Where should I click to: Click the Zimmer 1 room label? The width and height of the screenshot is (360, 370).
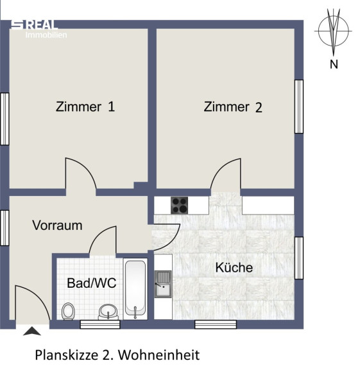(x=85, y=107)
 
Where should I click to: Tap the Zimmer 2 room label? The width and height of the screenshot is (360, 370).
(x=233, y=107)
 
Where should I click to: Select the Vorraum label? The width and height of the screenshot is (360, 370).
(x=57, y=225)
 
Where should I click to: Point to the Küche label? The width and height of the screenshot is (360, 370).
(x=234, y=268)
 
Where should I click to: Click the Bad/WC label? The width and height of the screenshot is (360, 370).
(x=92, y=283)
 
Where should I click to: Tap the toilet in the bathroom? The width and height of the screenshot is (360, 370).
(x=68, y=312)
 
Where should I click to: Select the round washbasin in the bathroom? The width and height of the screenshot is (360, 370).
(x=108, y=312)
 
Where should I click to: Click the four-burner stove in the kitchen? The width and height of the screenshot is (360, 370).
(x=180, y=206)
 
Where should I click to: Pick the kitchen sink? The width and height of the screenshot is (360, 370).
(x=163, y=284)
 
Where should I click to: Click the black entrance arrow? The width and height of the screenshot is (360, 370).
(x=32, y=331)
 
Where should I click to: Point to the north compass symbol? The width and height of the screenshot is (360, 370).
(x=333, y=31)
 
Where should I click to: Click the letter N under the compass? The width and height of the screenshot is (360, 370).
(x=334, y=64)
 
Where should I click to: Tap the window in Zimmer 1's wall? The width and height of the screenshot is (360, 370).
(x=4, y=119)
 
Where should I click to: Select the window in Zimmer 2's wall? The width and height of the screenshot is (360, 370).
(x=299, y=107)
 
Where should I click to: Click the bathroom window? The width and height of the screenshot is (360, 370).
(x=100, y=324)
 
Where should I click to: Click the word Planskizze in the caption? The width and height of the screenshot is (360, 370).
(x=67, y=355)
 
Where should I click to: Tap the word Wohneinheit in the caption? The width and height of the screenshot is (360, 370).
(x=159, y=355)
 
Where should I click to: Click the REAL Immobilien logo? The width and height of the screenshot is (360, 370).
(x=39, y=29)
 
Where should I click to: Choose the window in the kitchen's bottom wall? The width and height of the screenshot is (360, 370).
(x=216, y=324)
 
